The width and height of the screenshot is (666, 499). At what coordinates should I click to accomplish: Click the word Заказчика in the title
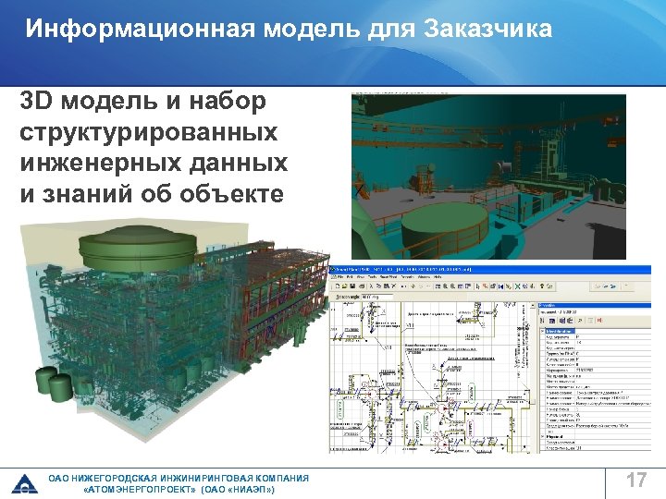pyautogui.click(x=487, y=29)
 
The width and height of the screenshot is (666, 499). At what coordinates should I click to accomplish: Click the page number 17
pyautogui.click(x=635, y=481)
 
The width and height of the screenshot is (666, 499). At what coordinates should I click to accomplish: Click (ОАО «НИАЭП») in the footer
pyautogui.click(x=238, y=490)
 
